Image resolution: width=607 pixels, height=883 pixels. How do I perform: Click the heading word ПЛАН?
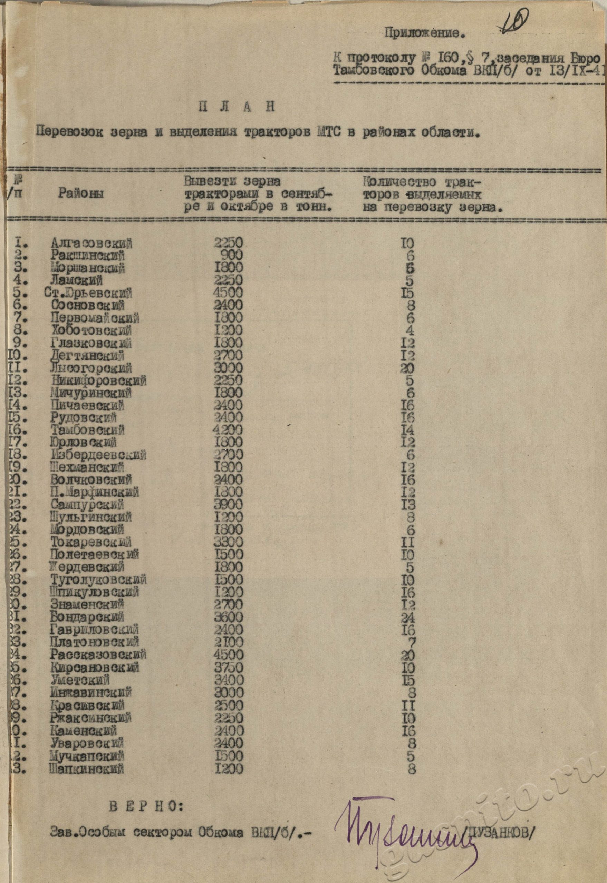tap(236, 108)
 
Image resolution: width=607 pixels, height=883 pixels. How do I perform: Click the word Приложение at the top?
tap(424, 34)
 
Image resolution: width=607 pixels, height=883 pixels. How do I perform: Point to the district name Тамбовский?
tap(87, 430)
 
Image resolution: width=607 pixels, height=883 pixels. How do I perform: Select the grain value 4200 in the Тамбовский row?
tap(229, 430)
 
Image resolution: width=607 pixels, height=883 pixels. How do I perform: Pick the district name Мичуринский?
tap(91, 393)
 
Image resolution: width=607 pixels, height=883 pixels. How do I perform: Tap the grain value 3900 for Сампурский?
tap(229, 505)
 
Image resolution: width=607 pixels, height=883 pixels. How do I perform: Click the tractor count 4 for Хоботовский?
tap(410, 330)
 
